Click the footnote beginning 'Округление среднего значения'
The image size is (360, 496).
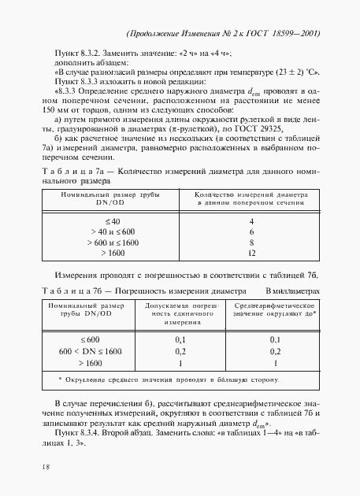coord(176,379)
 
